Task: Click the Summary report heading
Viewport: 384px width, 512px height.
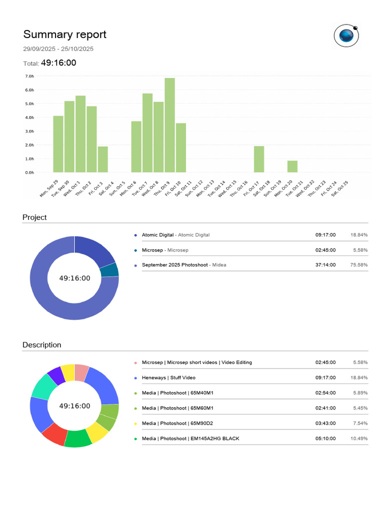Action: (64, 34)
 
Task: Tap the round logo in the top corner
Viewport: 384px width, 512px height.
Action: (346, 35)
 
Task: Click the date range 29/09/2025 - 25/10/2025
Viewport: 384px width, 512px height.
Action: (58, 49)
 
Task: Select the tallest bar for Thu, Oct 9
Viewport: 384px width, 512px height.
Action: (169, 125)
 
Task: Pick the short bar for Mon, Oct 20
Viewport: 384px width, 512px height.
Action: (292, 166)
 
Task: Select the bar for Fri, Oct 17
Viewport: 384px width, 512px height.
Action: (259, 159)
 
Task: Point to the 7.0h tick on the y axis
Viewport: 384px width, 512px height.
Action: (29, 76)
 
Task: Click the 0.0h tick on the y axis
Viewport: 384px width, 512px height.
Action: (29, 172)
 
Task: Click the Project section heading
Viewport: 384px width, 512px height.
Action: (34, 217)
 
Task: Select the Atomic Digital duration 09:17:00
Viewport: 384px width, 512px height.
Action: (325, 235)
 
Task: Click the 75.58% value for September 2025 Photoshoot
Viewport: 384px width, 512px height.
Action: (358, 265)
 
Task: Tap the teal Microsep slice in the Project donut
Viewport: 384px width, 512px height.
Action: (109, 270)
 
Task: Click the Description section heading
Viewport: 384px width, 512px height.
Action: (42, 345)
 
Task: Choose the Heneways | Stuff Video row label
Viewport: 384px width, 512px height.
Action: (168, 378)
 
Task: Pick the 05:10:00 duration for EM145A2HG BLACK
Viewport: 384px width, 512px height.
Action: (325, 438)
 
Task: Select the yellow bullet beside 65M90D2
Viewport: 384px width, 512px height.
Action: (135, 423)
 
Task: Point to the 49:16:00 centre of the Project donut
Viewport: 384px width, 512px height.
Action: (74, 278)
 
